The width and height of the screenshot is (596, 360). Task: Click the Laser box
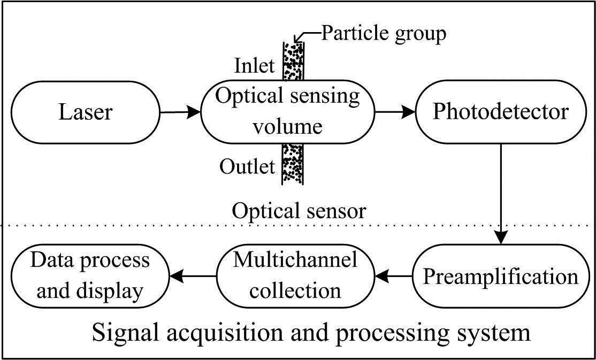click(x=85, y=112)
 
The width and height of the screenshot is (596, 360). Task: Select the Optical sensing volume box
click(x=287, y=112)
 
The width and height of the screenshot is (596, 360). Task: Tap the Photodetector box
click(x=500, y=112)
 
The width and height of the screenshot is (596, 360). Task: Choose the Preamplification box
click(x=500, y=277)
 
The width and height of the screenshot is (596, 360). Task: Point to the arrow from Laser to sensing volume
click(x=180, y=112)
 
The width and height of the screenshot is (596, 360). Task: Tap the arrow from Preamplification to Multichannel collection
click(x=393, y=277)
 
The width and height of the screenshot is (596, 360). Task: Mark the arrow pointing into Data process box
click(x=193, y=276)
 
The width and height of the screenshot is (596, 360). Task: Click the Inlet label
click(x=254, y=66)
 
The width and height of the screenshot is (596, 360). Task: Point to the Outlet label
click(x=247, y=166)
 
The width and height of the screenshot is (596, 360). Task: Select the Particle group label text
click(x=383, y=34)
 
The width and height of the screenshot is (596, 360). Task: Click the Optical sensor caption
click(x=299, y=211)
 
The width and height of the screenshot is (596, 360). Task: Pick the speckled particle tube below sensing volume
click(x=293, y=164)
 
